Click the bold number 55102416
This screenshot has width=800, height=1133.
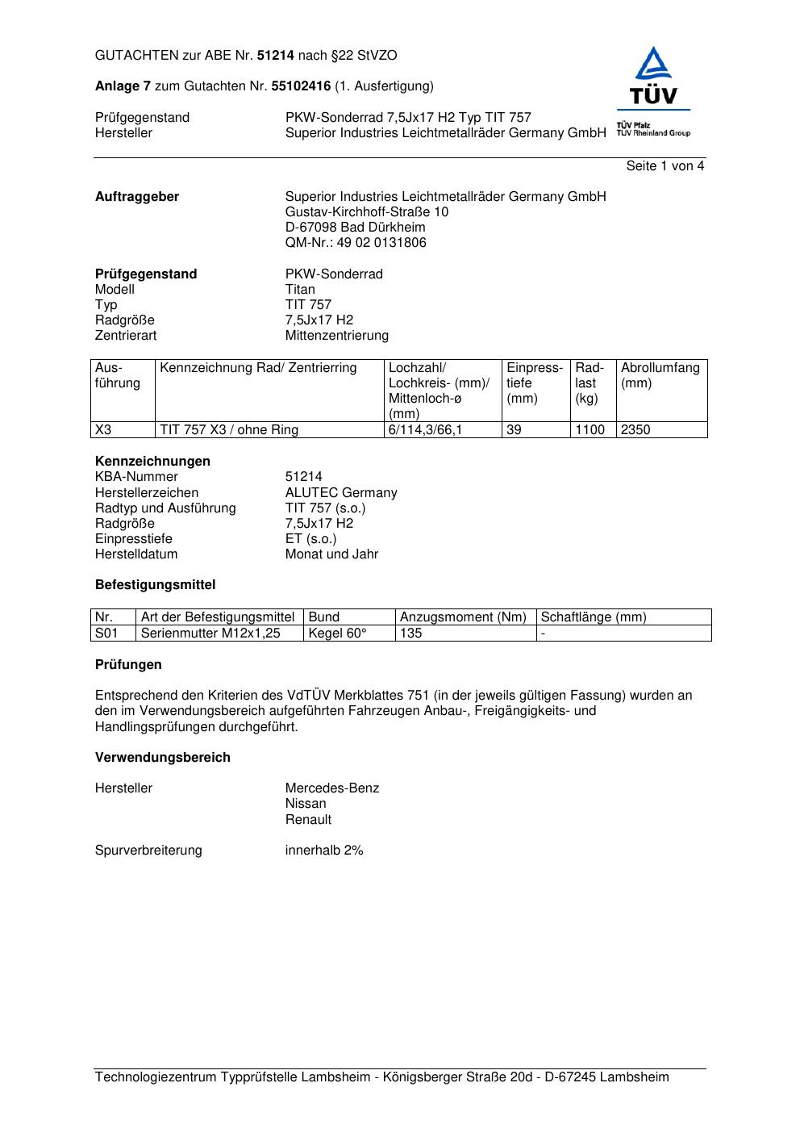[301, 86]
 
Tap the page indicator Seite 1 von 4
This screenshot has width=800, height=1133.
[665, 166]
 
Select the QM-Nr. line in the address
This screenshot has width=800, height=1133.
[356, 243]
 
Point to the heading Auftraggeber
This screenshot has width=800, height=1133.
[137, 197]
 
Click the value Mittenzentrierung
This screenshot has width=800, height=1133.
[336, 336]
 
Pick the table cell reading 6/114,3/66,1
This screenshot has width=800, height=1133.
[425, 430]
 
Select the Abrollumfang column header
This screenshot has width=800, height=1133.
[660, 375]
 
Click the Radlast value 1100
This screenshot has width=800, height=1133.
[590, 430]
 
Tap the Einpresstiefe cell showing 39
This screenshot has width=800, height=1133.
[514, 430]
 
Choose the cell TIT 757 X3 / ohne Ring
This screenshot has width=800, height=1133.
[229, 430]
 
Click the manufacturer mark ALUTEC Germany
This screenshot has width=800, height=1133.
[341, 493]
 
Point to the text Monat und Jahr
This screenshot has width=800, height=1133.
[331, 554]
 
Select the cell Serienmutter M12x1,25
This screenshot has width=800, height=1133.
[210, 633]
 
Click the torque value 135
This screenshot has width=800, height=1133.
[411, 633]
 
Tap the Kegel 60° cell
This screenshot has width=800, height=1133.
[337, 633]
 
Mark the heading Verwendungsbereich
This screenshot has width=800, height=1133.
[162, 758]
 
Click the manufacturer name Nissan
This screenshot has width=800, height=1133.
[306, 804]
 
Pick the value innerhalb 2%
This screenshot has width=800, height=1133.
[324, 851]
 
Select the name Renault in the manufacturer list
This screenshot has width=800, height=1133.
[308, 820]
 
